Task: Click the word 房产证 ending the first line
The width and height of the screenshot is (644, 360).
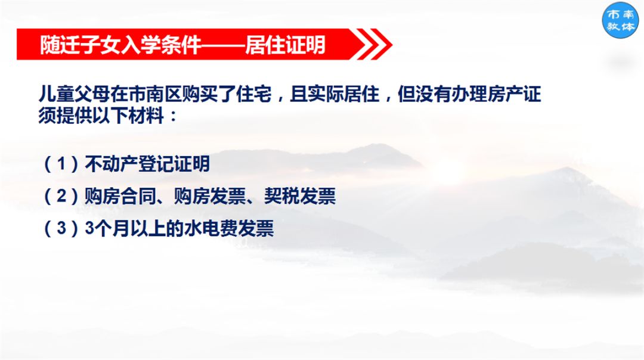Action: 511,94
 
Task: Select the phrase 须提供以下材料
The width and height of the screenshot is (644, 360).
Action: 100,114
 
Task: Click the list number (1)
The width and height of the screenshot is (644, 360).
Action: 61,164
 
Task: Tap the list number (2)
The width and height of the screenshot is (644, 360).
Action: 61,196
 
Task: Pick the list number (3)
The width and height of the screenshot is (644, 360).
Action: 61,229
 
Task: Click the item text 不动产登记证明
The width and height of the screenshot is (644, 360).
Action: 148,164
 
